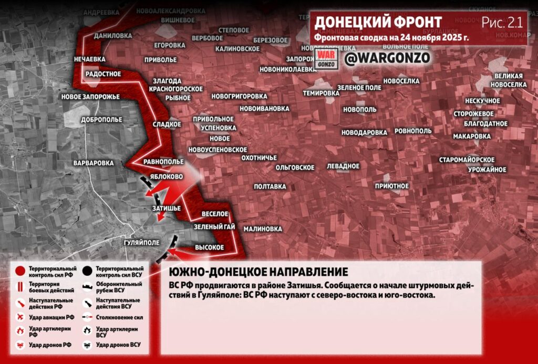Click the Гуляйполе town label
(x=141, y=243)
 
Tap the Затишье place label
(x=166, y=208)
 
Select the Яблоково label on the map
(x=166, y=177)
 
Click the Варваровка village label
(x=94, y=163)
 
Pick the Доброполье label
(x=101, y=120)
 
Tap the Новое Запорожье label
(x=90, y=97)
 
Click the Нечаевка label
(x=90, y=59)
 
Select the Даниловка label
(x=113, y=36)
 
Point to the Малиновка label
(x=263, y=229)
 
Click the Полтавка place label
(x=270, y=186)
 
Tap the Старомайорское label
(x=467, y=159)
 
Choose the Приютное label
(x=392, y=186)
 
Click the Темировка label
(x=321, y=93)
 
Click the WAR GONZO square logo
(x=324, y=59)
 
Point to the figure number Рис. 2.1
(x=502, y=23)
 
